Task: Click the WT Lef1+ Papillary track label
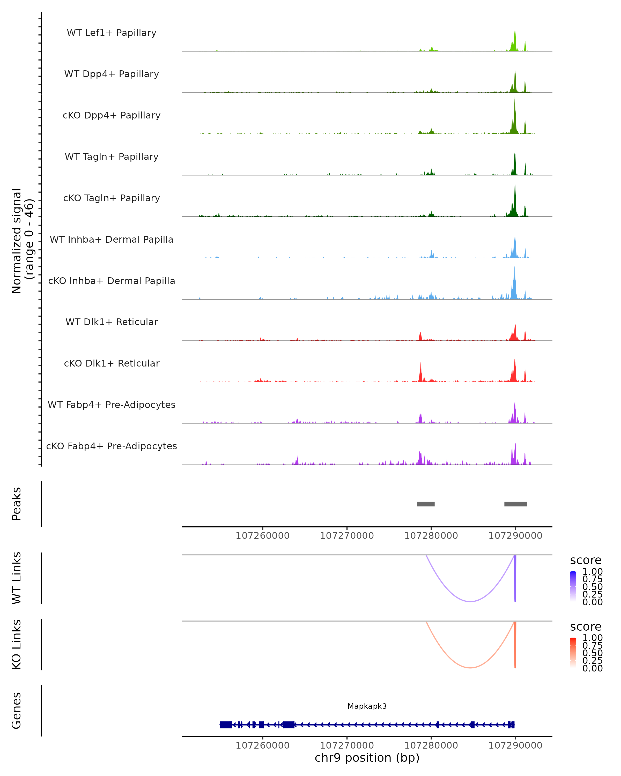click(x=112, y=33)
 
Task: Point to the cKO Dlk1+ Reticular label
click(x=112, y=363)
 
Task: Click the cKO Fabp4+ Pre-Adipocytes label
click(x=112, y=446)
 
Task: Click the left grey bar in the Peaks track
click(x=426, y=504)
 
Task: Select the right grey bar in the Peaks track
click(x=515, y=504)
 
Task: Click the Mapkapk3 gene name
click(x=367, y=706)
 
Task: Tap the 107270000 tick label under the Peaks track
click(x=347, y=536)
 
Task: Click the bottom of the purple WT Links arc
click(x=470, y=601)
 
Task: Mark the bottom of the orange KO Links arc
click(x=470, y=668)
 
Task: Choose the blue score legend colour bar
click(x=573, y=586)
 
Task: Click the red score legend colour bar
click(x=573, y=653)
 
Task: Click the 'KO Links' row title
click(x=17, y=645)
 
